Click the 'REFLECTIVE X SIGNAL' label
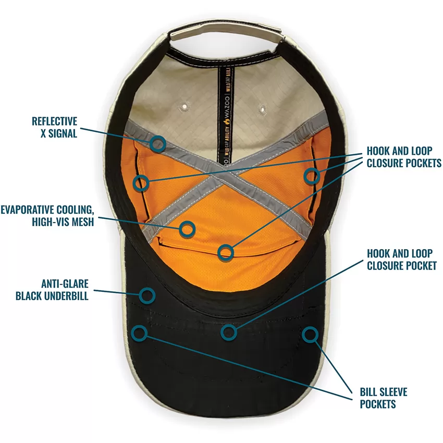pyautogui.click(x=55, y=127)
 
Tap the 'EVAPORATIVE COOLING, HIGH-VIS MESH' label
pyautogui.click(x=47, y=216)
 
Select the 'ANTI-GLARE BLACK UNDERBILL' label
pyautogui.click(x=52, y=290)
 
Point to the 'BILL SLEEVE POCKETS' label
pyautogui.click(x=384, y=398)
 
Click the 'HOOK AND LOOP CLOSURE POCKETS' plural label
pyautogui.click(x=404, y=157)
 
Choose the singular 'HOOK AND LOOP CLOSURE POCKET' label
pyautogui.click(x=402, y=260)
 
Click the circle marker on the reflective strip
pyautogui.click(x=157, y=143)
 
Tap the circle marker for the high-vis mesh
pyautogui.click(x=187, y=229)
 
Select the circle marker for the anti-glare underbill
pyautogui.click(x=147, y=296)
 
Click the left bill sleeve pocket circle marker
pyautogui.click(x=139, y=333)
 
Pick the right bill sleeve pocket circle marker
pyautogui.click(x=310, y=335)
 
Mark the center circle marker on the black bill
pyautogui.click(x=229, y=332)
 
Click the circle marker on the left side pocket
pyautogui.click(x=141, y=183)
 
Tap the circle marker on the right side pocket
pyautogui.click(x=312, y=176)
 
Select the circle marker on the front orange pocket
pyautogui.click(x=226, y=252)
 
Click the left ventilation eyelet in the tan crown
pyautogui.click(x=184, y=107)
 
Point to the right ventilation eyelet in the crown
pyautogui.click(x=263, y=109)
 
